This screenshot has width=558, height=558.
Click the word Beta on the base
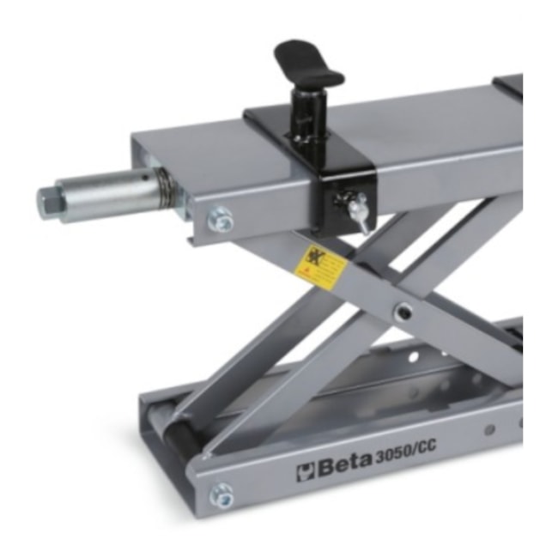click(344, 468)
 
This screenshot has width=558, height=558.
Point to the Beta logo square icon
click(306, 472)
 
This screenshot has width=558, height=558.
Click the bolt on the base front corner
click(221, 494)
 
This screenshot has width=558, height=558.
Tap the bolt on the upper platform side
click(221, 221)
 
